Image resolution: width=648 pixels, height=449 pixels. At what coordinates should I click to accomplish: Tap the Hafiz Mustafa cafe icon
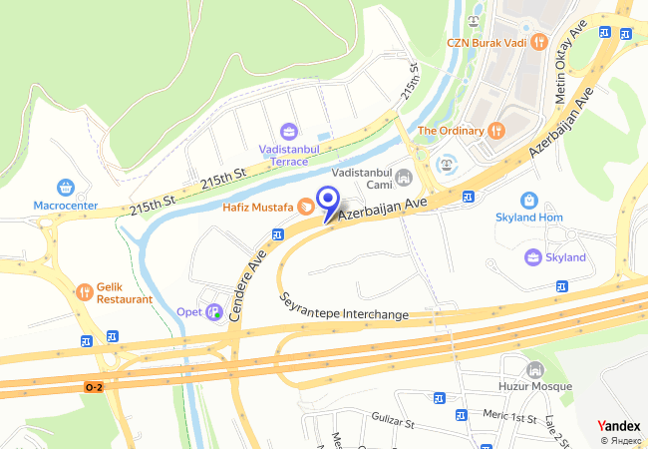point(305,207)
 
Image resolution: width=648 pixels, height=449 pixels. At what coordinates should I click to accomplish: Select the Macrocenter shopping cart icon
point(66,187)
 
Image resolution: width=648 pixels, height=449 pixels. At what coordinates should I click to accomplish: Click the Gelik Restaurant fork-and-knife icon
point(84,291)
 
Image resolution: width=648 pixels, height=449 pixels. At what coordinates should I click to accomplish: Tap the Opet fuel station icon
point(213,312)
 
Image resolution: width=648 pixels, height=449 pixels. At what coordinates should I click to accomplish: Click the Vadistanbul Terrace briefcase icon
point(289,131)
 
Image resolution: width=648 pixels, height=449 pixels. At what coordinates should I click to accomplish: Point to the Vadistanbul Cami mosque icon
point(404,179)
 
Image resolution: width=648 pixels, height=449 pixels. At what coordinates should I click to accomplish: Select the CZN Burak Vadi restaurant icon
point(539,42)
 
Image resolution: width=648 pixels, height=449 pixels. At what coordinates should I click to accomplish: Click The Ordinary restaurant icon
point(495,131)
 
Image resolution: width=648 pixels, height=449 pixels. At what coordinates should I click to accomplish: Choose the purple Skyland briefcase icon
point(533,257)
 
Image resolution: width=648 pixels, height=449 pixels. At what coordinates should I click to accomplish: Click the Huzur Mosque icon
point(535,369)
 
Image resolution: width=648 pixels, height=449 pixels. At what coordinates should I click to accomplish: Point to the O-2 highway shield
point(93,387)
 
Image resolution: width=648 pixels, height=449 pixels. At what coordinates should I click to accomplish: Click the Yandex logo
point(618,426)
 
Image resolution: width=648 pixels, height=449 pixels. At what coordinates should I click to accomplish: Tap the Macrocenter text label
point(66,206)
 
